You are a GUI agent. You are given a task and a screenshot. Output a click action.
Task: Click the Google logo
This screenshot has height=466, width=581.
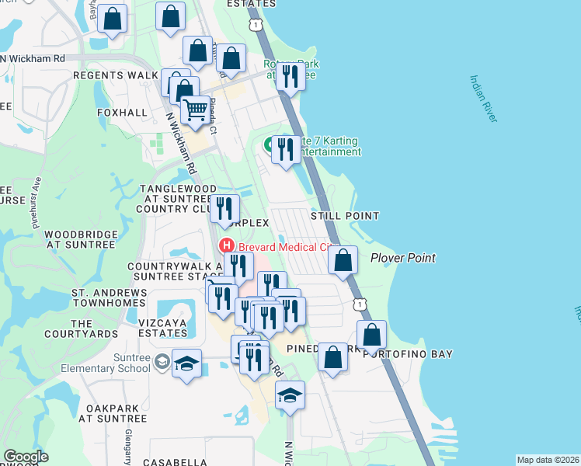pos(26,457)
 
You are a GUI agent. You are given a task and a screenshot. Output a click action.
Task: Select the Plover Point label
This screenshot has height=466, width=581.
pos(402,258)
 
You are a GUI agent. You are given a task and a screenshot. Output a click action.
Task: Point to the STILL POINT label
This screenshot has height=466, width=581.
pos(345,216)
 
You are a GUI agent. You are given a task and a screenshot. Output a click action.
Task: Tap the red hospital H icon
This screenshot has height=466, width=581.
pos(228,246)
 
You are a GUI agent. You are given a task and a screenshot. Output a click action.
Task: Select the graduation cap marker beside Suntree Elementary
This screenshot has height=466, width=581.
pos(186,364)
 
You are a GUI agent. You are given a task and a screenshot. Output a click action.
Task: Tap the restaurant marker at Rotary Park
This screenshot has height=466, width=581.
pos(290,77)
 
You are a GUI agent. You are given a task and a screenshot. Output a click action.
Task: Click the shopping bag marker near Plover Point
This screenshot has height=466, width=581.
pos(343,259)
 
